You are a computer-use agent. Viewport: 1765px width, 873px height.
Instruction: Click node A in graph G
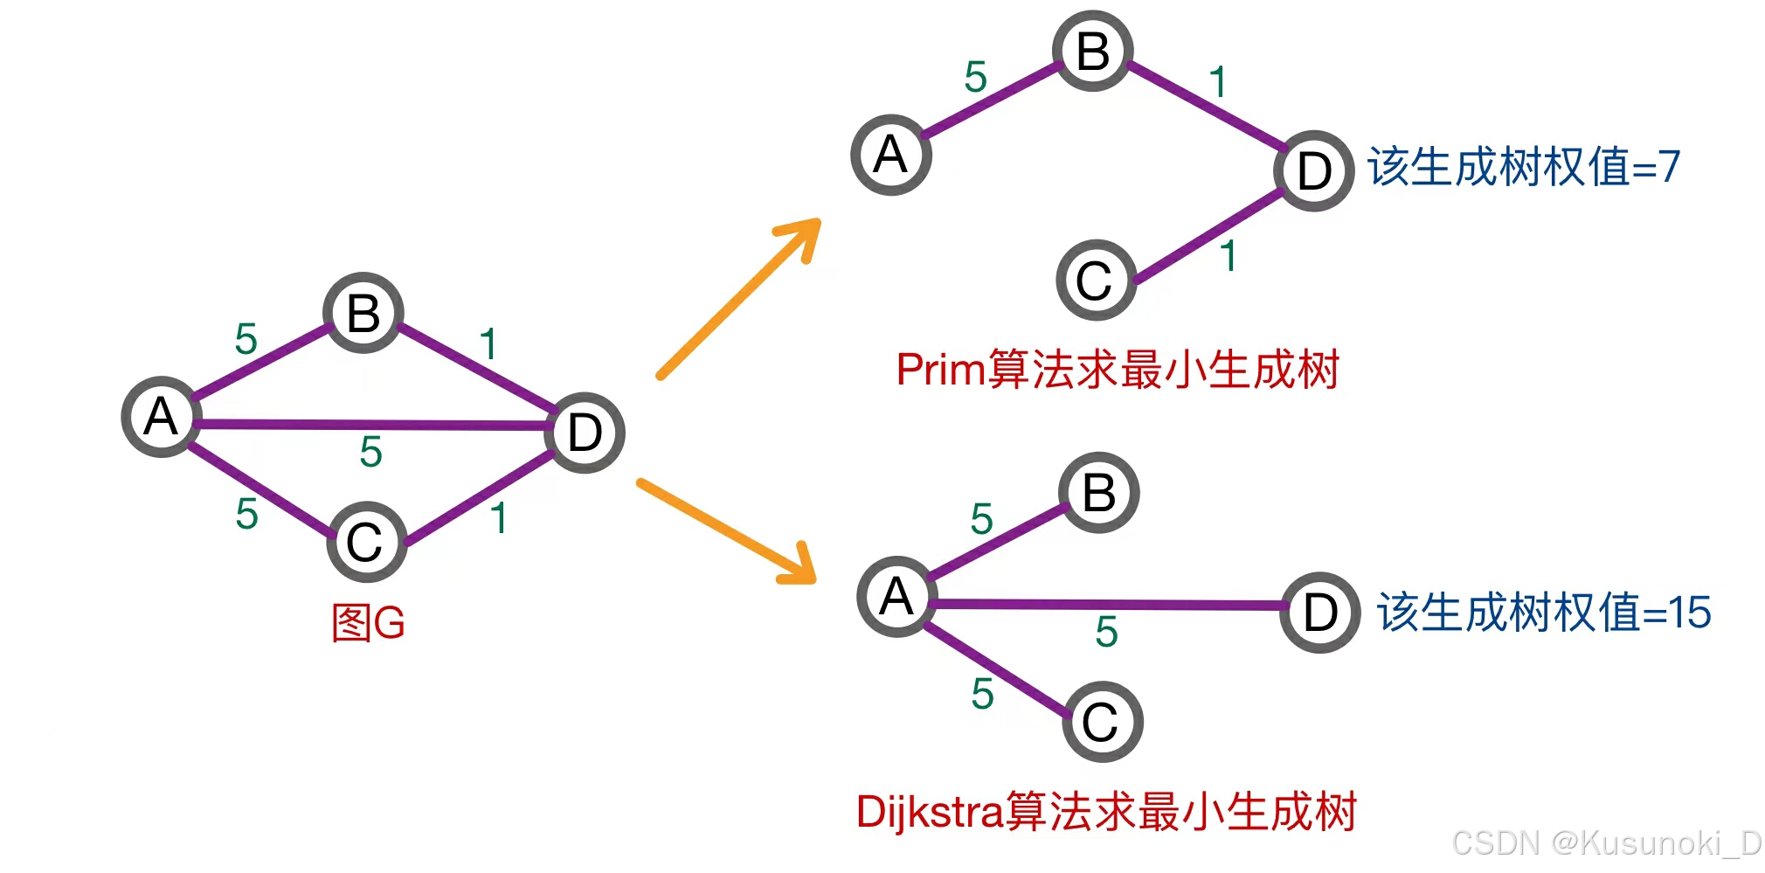tap(162, 417)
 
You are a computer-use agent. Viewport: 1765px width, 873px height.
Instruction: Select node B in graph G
tap(363, 313)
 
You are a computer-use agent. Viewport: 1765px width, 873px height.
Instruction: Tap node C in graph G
tap(366, 542)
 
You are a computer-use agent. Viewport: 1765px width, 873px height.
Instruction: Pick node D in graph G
tap(585, 433)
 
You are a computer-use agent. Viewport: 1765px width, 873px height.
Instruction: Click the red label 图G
tap(369, 623)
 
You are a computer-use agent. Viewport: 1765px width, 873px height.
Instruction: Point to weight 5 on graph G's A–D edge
tap(371, 452)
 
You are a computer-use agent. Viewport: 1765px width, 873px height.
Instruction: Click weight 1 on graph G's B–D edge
tap(488, 343)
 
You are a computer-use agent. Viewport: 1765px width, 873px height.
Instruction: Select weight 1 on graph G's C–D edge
tap(499, 518)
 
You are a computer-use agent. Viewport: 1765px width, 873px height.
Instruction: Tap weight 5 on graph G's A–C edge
tap(247, 514)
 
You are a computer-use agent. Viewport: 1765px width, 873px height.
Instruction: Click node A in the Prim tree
tap(891, 156)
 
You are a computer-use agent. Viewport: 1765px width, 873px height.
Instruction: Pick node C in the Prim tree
tap(1096, 281)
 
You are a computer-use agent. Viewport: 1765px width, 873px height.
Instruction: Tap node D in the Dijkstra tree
tap(1319, 613)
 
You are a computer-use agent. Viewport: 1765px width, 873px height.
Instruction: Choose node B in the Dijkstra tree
tap(1099, 493)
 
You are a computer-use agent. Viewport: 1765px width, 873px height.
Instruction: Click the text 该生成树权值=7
tap(1524, 167)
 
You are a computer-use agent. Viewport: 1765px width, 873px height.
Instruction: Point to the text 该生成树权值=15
tap(1544, 612)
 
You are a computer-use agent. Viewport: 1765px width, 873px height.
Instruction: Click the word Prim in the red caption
tap(941, 370)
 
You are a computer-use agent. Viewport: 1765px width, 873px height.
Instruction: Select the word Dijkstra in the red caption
tap(929, 812)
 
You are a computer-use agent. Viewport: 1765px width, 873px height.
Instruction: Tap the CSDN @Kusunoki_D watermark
tap(1606, 843)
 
